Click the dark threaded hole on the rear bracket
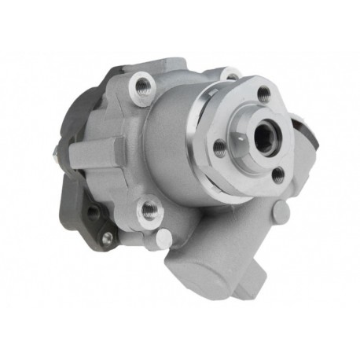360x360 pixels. (x=92, y=211)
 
